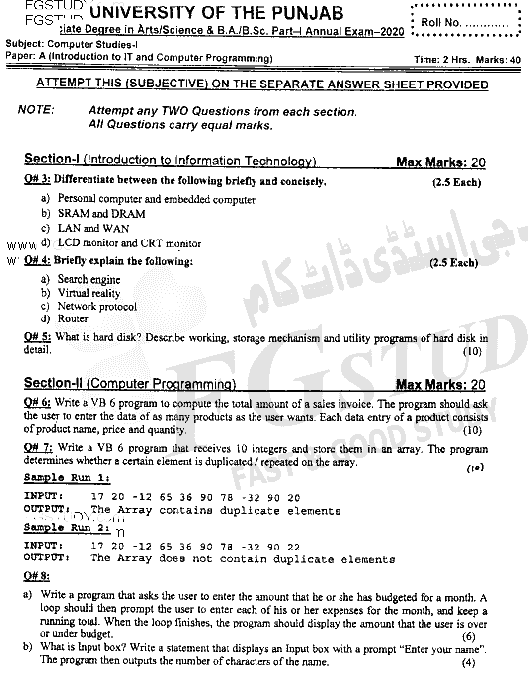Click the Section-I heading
(171, 161)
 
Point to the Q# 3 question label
(37, 182)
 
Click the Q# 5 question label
(37, 340)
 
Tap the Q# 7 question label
(37, 449)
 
